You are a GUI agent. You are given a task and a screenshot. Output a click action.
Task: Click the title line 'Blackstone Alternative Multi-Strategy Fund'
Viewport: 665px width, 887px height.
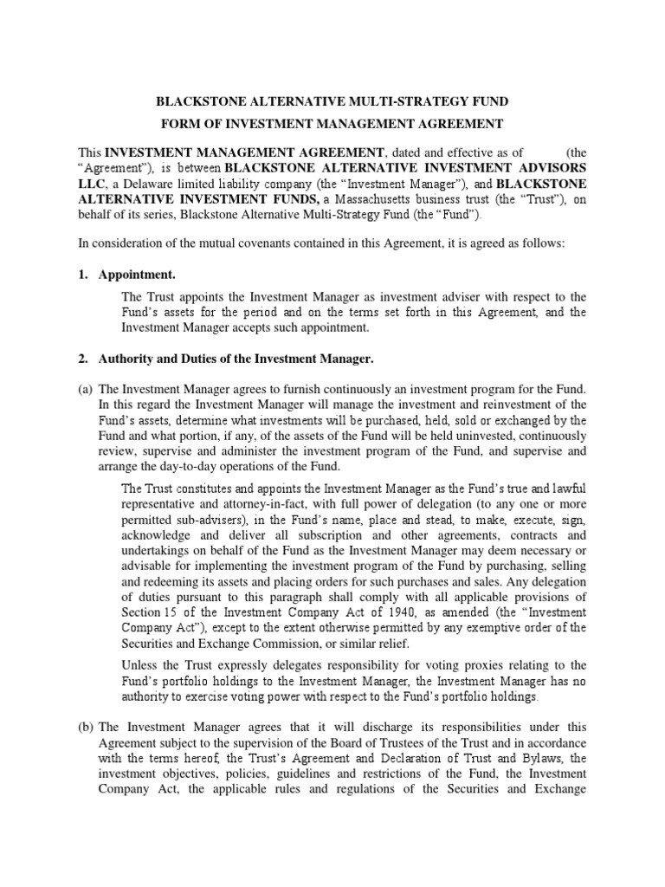coord(332,100)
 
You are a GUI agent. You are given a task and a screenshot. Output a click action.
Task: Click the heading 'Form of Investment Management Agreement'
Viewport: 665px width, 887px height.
coord(332,125)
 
